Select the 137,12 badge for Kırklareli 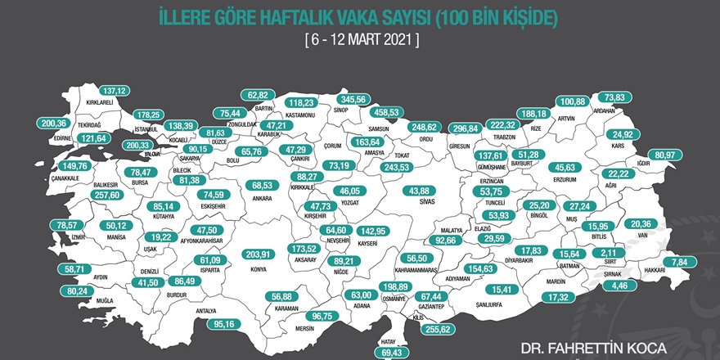tap(115, 90)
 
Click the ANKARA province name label tap(262, 197)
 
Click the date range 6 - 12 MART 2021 tap(360, 38)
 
